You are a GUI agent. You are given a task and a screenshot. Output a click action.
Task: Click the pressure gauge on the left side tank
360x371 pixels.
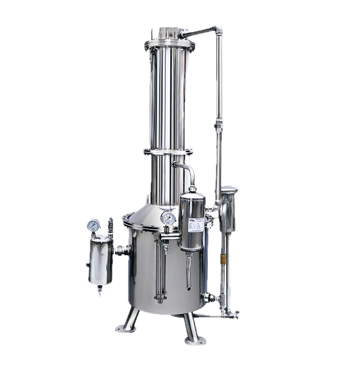(93, 225)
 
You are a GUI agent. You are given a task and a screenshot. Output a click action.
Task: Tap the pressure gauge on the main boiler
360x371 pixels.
(166, 219)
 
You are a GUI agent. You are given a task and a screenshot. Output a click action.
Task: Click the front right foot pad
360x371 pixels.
(195, 340)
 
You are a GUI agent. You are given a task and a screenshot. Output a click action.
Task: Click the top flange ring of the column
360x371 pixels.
(167, 47)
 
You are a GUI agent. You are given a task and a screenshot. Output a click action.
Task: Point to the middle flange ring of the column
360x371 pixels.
(167, 151)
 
